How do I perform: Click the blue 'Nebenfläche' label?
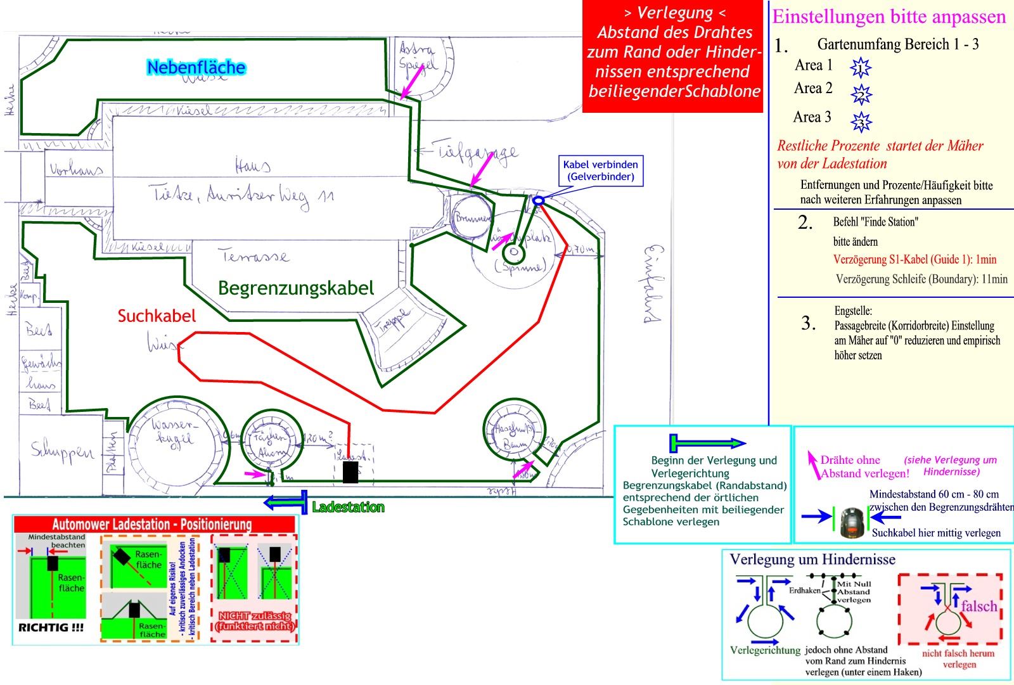196,67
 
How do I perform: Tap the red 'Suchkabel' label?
157,316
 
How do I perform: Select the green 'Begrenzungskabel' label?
296,288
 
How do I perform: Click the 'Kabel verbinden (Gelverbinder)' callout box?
600,170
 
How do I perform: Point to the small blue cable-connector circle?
538,201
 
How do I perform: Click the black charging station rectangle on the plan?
350,472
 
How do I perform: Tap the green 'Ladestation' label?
348,507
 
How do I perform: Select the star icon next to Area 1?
860,67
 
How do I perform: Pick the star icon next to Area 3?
861,121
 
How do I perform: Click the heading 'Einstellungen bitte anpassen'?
889,16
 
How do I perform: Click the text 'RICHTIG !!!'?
51,627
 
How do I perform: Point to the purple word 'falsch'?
979,606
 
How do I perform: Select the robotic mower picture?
853,523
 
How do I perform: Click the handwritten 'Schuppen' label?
62,451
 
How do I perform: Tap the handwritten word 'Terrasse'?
253,256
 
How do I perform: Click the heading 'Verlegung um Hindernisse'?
812,560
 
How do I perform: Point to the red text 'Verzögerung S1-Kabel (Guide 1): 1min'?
915,259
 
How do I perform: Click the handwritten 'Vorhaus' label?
75,170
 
